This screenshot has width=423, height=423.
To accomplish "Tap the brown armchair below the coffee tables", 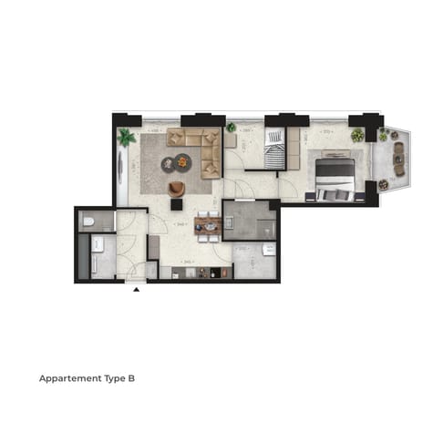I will (176, 188).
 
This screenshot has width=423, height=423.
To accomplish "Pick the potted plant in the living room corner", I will (126, 138).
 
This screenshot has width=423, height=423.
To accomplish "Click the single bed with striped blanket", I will (274, 150).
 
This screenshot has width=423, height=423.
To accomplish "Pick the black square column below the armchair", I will (176, 205).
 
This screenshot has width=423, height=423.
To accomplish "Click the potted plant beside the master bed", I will (357, 135).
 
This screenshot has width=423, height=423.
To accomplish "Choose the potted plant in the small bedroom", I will (232, 128).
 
